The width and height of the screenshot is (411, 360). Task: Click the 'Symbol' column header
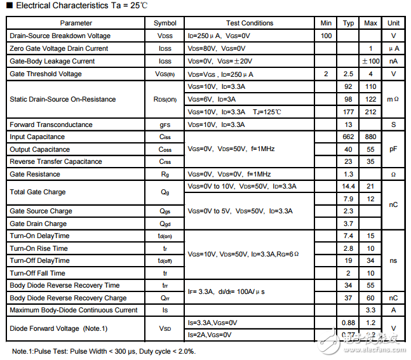(165, 23)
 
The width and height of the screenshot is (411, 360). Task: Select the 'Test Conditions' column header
(250, 23)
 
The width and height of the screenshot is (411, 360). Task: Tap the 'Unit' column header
(393, 23)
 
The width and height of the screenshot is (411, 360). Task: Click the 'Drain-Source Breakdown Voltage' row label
(60, 36)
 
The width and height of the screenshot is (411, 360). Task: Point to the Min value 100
(327, 36)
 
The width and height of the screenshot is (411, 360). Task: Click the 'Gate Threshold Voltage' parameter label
(46, 74)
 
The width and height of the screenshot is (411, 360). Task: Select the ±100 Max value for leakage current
(370, 62)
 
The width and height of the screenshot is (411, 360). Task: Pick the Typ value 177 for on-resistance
(348, 112)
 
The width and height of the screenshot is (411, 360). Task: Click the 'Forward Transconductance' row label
(50, 124)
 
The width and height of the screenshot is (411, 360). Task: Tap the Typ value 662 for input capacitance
(348, 137)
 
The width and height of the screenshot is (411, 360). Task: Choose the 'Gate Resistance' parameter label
(35, 174)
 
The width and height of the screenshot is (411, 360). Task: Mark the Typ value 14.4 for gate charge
(348, 187)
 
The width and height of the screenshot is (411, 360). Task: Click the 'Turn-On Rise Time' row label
(39, 248)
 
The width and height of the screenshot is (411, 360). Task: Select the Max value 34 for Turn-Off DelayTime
(370, 261)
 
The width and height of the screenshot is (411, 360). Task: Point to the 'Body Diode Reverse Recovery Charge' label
(68, 298)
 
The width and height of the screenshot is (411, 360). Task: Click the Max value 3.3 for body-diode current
(370, 310)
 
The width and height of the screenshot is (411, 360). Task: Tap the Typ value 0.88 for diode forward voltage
(348, 323)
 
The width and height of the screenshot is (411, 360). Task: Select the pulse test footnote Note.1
(104, 351)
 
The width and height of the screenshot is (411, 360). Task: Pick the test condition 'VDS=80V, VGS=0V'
(216, 49)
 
